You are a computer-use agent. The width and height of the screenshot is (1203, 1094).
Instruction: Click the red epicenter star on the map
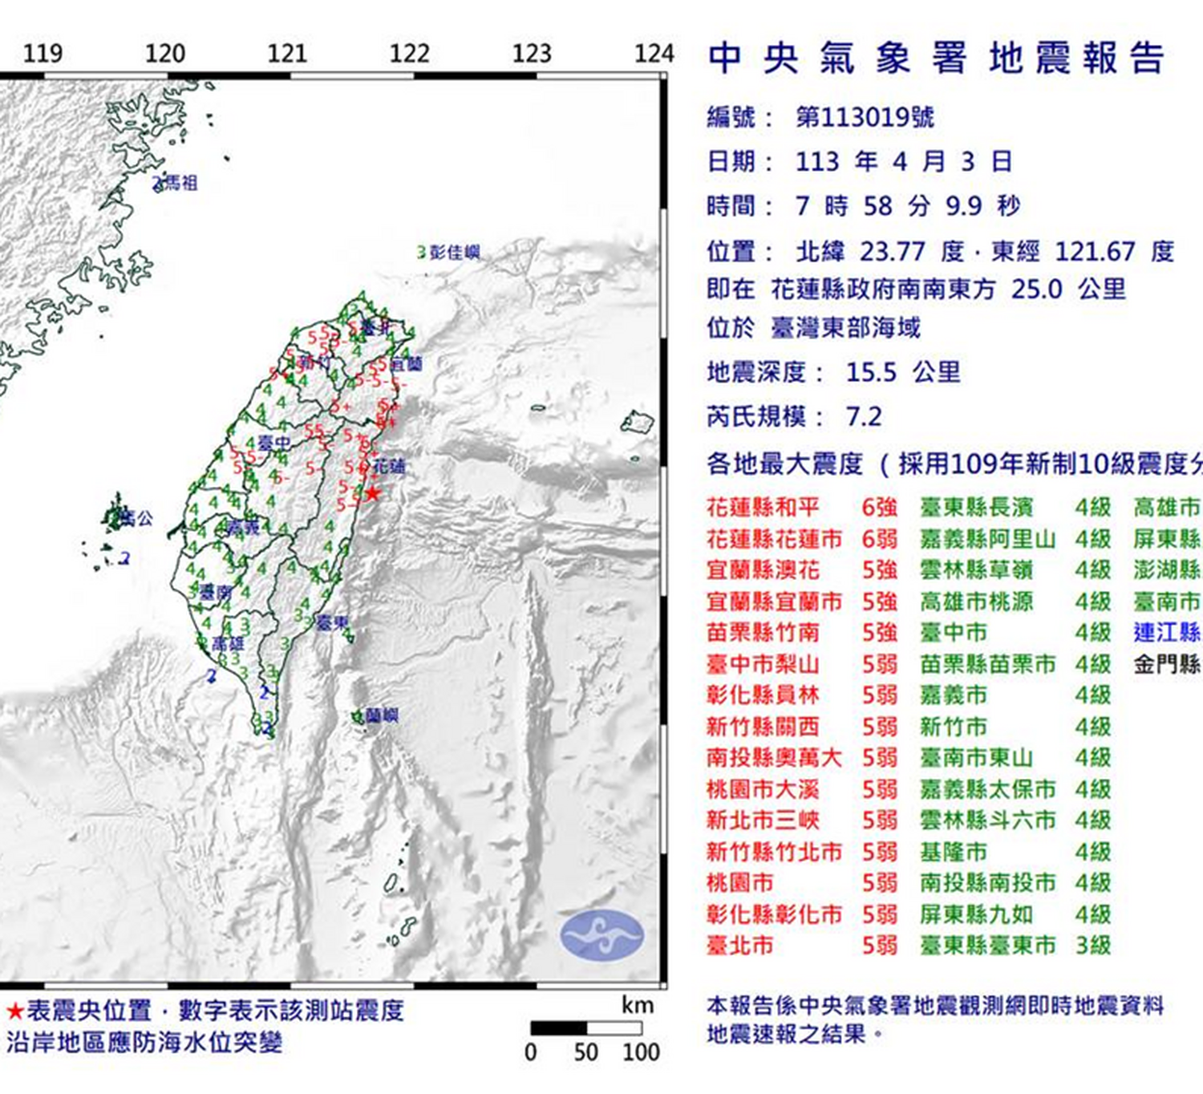click(373, 492)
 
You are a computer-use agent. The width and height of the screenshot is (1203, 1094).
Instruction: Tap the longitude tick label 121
click(287, 54)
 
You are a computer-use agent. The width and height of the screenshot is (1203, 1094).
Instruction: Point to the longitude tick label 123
click(532, 54)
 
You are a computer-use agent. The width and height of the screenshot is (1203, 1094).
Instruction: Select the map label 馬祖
click(181, 184)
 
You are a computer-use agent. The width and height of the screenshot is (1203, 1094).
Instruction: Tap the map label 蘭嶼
click(381, 715)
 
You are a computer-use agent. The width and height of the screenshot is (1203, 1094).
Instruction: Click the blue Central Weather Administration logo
click(601, 935)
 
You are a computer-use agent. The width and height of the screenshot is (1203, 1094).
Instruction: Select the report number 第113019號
click(865, 118)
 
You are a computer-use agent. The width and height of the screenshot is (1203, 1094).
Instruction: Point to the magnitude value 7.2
click(864, 417)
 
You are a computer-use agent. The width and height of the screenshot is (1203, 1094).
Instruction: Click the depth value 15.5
click(871, 372)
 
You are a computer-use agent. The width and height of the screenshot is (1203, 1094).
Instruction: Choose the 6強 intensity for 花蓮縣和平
click(879, 508)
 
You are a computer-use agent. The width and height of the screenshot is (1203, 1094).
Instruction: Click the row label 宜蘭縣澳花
click(763, 570)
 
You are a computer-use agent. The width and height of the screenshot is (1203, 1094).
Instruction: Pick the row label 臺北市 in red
click(739, 946)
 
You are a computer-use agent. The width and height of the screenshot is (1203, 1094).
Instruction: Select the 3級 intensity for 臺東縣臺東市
click(1092, 946)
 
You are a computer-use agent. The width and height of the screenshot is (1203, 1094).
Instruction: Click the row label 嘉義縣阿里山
click(987, 539)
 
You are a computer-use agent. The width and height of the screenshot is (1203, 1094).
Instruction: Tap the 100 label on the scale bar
click(641, 1052)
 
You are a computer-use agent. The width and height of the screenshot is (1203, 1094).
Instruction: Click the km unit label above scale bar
click(638, 1005)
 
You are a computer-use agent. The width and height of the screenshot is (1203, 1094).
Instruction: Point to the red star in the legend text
click(14, 1011)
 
